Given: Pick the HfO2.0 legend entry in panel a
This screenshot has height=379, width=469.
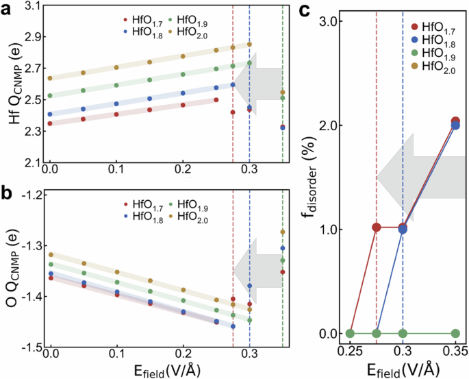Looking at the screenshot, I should tap(190, 32).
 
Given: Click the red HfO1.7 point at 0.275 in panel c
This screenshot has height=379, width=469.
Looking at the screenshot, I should tap(377, 228).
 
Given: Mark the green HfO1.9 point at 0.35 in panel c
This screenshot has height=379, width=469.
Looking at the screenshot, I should tap(455, 334).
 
